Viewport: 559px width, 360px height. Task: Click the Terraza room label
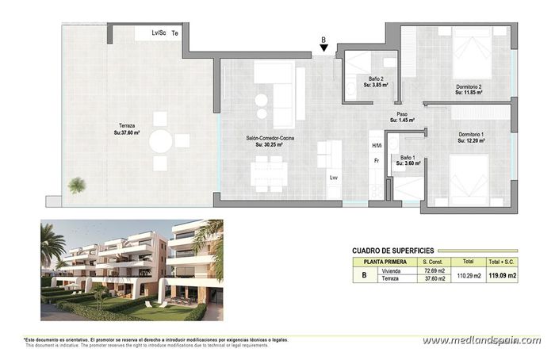tap(127, 129)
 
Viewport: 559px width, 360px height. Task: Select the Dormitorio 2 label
tap(469, 89)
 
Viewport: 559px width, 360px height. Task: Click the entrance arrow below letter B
tap(324, 49)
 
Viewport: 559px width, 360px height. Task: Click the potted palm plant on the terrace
tap(77, 185)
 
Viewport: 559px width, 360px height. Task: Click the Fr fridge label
tap(377, 161)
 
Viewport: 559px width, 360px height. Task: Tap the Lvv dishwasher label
tap(334, 178)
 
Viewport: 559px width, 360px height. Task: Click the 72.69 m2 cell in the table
tap(432, 271)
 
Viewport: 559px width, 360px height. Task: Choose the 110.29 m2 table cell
tap(468, 275)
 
